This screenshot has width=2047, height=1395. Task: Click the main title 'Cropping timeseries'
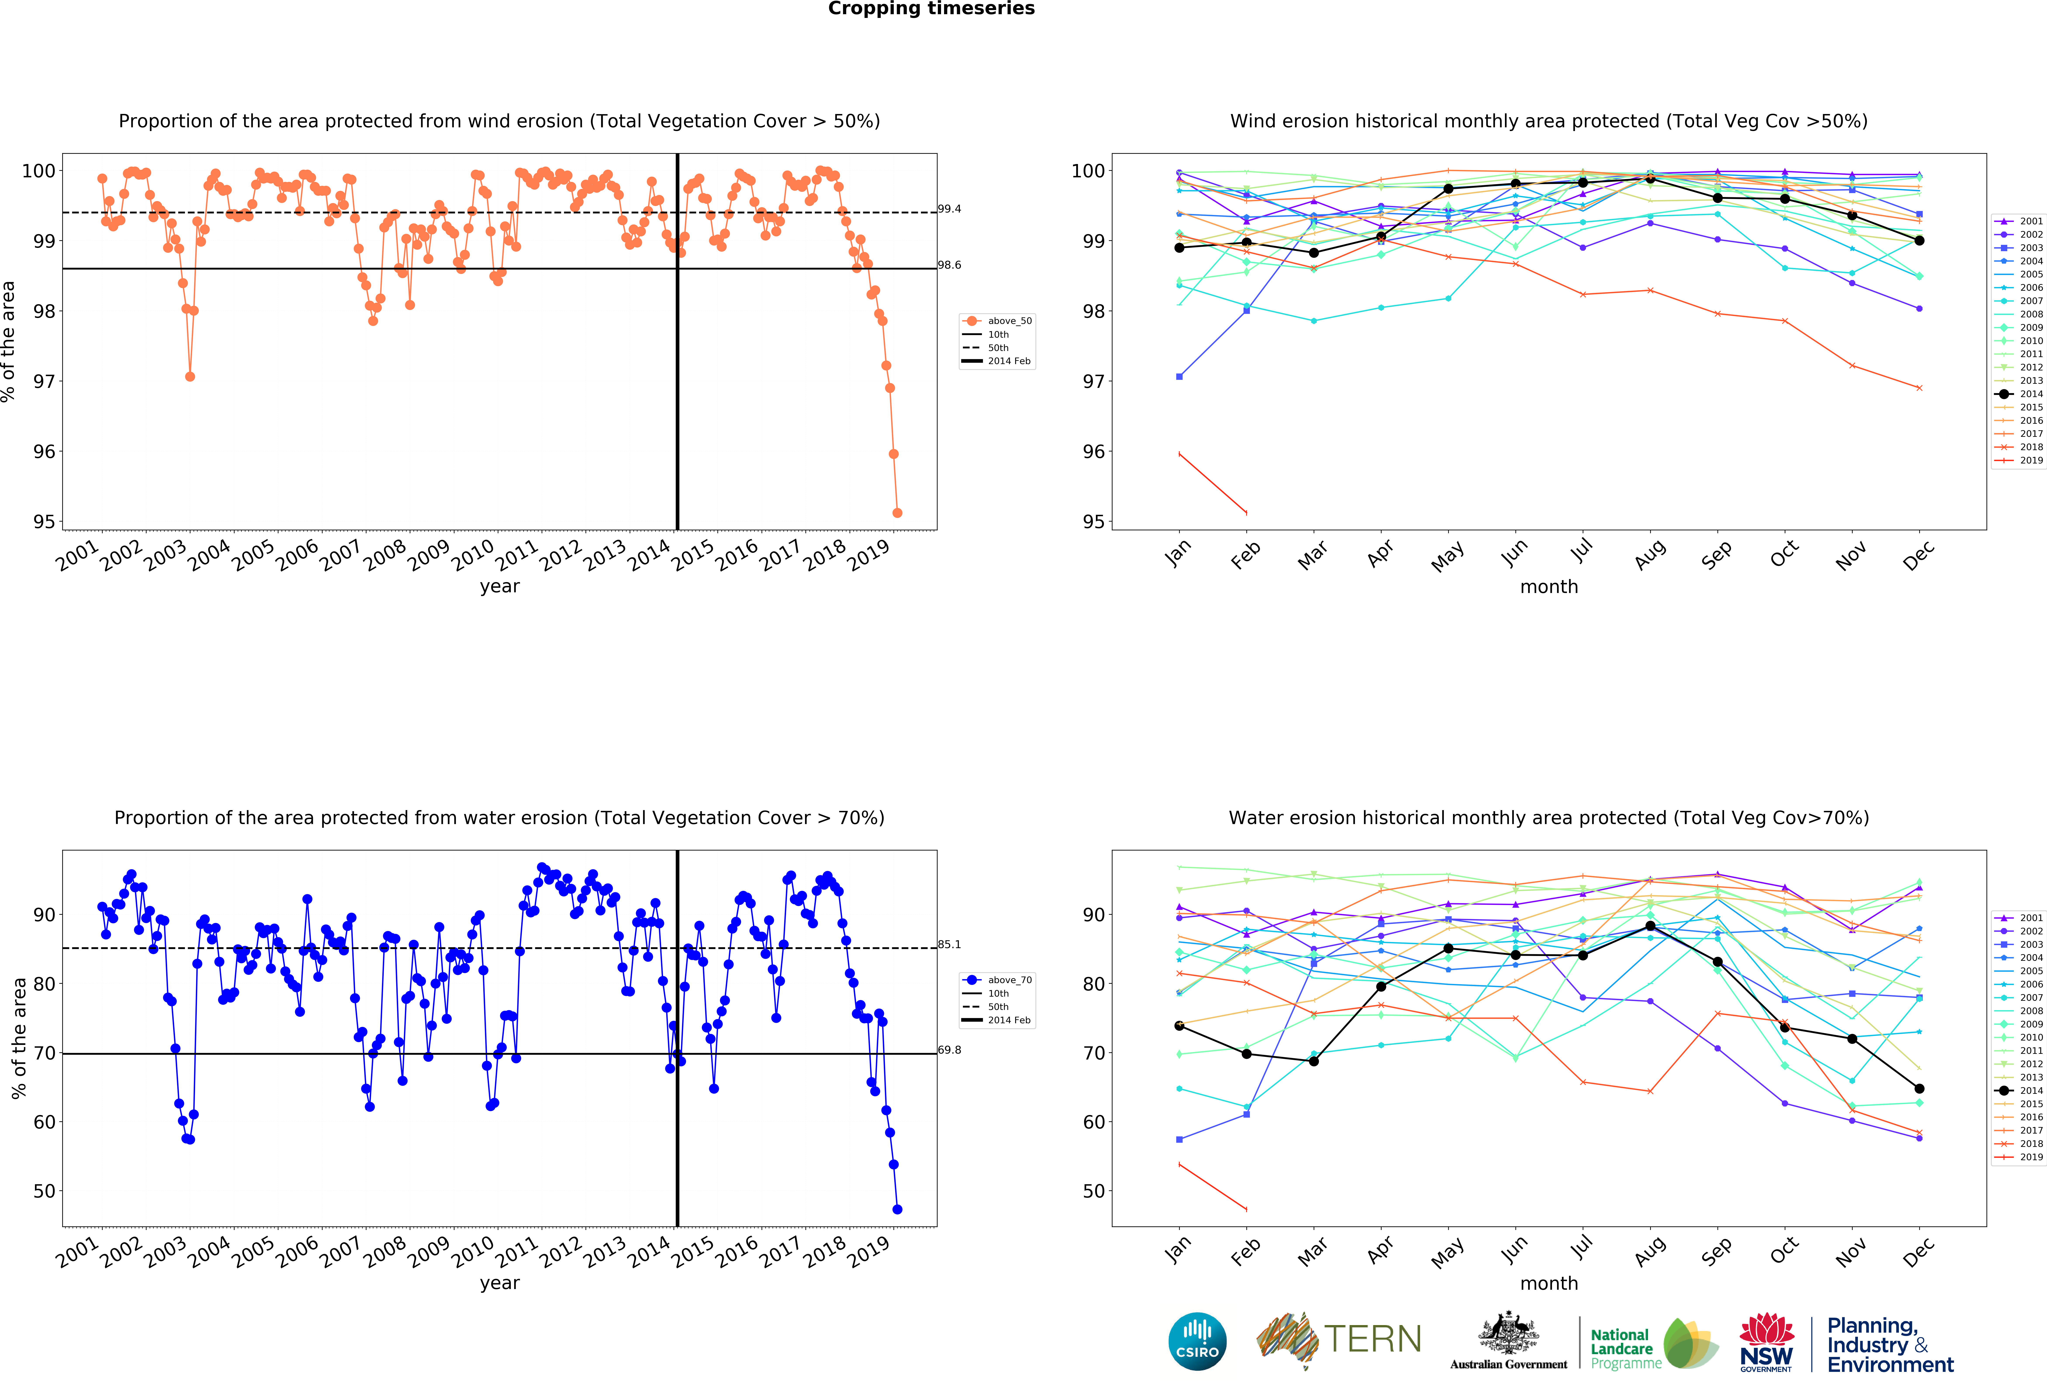pos(931,9)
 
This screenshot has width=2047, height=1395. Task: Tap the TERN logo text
pos(1372,1340)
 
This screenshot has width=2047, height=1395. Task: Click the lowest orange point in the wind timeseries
pos(897,513)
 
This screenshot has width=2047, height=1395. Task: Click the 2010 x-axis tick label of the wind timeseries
pos(473,555)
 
